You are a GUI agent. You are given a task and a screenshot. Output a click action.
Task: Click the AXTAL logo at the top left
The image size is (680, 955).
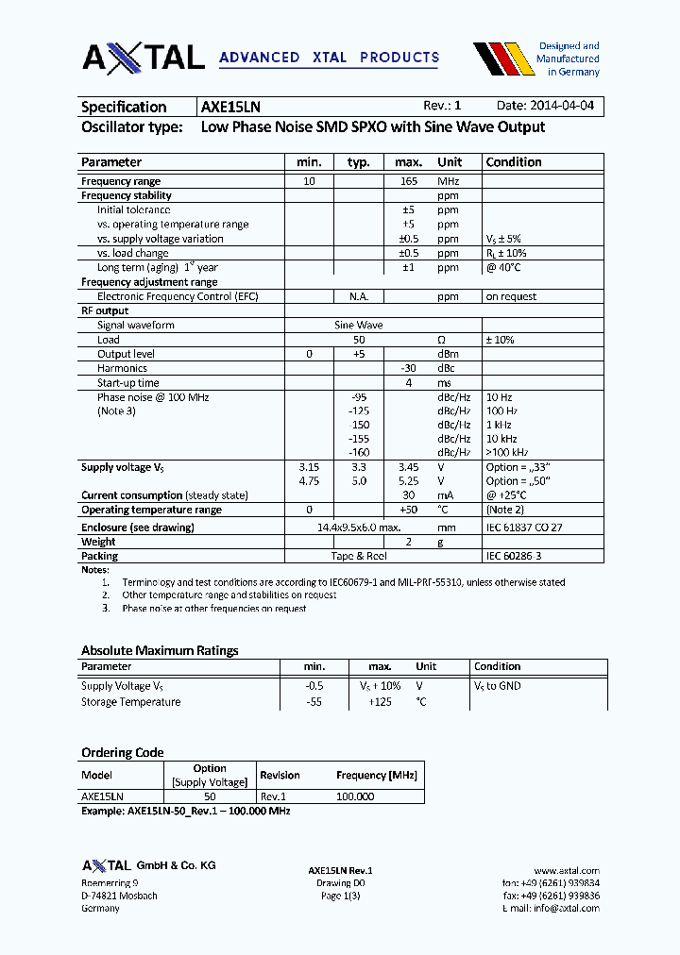[x=144, y=58]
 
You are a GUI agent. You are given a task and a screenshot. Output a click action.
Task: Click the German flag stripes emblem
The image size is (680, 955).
[x=500, y=59]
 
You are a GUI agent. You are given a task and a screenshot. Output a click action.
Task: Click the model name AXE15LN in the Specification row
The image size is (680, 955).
[x=231, y=107]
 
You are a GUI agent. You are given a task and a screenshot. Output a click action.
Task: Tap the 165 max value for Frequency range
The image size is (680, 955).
[x=408, y=181]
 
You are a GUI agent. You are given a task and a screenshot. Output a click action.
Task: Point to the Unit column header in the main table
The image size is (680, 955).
[x=450, y=162]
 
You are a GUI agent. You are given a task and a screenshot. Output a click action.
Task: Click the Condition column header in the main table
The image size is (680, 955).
[x=513, y=162]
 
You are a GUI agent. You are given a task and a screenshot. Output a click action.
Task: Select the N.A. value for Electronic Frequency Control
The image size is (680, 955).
[x=358, y=296]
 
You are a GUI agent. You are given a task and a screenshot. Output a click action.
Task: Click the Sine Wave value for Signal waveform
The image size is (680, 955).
[x=358, y=325]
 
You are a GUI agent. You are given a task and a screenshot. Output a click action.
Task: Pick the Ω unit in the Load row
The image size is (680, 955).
[x=440, y=340]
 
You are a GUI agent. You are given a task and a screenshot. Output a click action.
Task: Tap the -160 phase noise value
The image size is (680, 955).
[x=358, y=453]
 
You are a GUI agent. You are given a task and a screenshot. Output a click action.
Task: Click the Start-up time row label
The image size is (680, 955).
[x=128, y=383]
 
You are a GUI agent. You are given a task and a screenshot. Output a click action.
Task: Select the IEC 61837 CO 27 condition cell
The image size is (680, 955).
[x=523, y=528]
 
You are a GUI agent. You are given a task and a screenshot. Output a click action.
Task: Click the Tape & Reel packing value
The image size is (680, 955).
[x=358, y=556]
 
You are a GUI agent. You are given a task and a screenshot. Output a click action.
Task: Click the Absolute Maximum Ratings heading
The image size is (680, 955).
[x=160, y=650]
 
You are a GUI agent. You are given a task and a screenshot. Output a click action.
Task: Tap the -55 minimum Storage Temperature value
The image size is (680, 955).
[x=314, y=702]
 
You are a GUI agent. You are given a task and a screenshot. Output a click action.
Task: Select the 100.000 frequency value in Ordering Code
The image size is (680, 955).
[x=355, y=796]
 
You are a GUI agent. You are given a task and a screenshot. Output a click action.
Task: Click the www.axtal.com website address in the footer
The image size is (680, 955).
[x=567, y=870]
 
